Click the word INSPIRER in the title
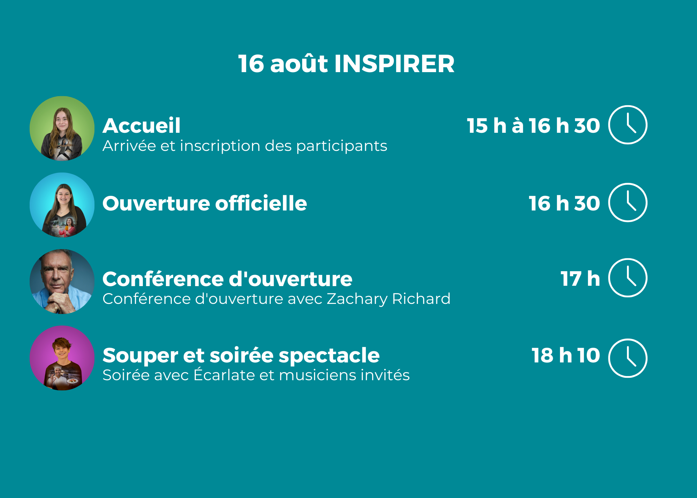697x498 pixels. coord(395,64)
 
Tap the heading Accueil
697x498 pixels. coord(141,125)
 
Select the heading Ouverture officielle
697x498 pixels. coord(205,203)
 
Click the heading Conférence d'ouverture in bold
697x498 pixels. coord(227,279)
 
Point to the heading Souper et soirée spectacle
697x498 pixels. coord(241,356)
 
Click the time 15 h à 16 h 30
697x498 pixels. coord(533,125)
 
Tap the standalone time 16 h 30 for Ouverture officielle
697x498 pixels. coord(564,203)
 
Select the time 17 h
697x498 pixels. coord(580,279)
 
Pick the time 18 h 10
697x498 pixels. coord(566,355)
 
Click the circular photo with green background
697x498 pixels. coord(62,128)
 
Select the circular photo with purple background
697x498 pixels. coord(62,358)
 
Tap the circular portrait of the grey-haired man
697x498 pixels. coord(62,282)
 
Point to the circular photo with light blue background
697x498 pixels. coord(62,205)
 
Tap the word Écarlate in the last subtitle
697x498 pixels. coord(224,375)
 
